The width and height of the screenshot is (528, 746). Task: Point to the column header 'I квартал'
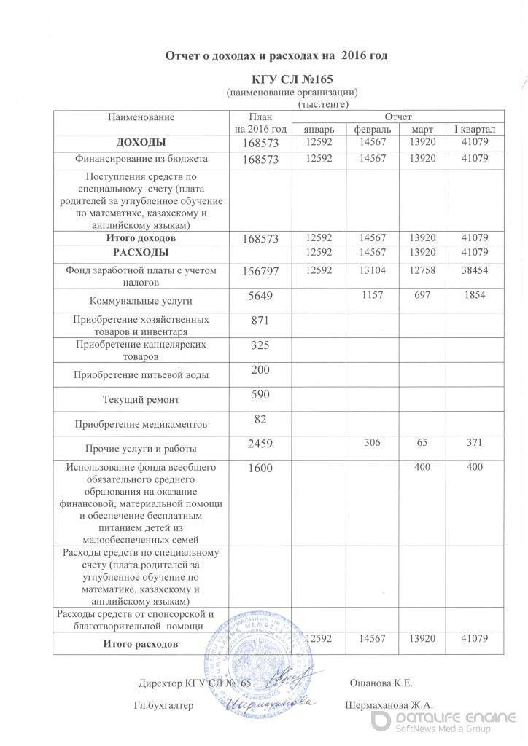click(x=475, y=129)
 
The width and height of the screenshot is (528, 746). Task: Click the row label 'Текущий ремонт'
click(x=138, y=399)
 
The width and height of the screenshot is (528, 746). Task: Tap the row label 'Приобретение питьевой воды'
click(x=138, y=375)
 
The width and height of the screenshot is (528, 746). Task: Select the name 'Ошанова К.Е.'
click(x=382, y=683)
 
